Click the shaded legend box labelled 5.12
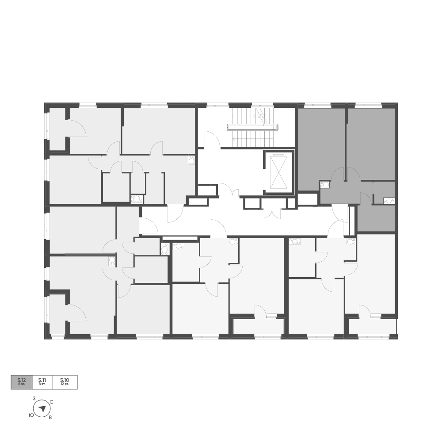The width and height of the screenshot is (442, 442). click(x=22, y=382)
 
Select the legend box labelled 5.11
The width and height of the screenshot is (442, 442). click(x=42, y=382)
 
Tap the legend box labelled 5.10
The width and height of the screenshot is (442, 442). click(x=65, y=382)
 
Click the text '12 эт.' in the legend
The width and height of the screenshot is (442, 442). click(x=65, y=385)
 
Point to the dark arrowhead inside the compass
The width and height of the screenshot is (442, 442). click(x=42, y=408)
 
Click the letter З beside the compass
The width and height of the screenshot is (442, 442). click(x=34, y=398)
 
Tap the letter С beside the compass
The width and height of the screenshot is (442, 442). click(x=52, y=402)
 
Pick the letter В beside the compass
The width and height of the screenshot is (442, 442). click(x=50, y=418)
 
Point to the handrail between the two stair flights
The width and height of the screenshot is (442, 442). click(x=252, y=127)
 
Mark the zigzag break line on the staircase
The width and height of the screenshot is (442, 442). click(x=261, y=116)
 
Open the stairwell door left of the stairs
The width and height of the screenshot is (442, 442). click(x=212, y=140)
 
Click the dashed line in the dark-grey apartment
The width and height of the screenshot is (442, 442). click(x=373, y=187)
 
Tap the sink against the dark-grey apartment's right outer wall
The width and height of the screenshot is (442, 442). click(x=389, y=201)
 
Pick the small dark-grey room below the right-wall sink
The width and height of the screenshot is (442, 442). click(x=376, y=218)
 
